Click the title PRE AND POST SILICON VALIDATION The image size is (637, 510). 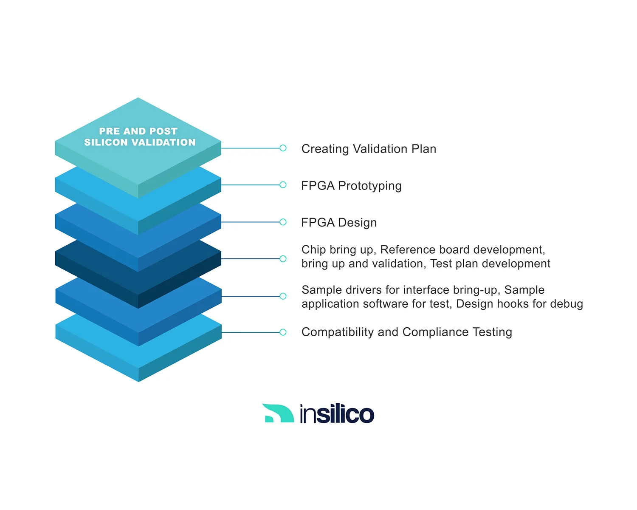pos(139,137)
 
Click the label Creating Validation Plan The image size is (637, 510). pos(369,149)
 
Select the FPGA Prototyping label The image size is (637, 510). pos(351,186)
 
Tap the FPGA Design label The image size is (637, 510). pos(339,223)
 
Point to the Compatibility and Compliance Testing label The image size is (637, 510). pos(406,332)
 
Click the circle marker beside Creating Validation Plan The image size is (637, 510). pos(283,148)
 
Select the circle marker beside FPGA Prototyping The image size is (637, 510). pos(283,185)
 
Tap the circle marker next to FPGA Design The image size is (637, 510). pos(283,222)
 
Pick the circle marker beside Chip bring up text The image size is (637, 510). pos(283,259)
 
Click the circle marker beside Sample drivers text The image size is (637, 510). pos(283,296)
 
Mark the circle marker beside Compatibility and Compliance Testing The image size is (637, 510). pos(283,332)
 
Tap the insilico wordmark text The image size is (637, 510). pos(337,414)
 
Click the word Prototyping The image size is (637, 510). pos(369,186)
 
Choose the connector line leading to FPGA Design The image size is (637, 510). pos(251,222)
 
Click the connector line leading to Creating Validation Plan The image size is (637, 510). pos(251,148)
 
